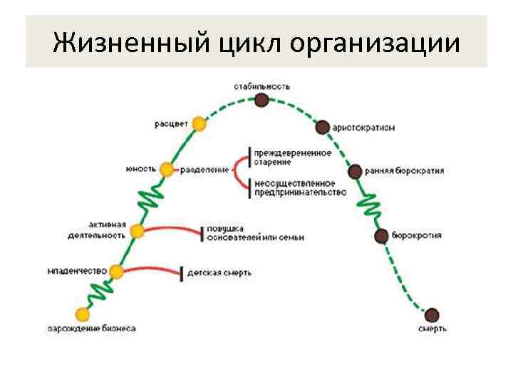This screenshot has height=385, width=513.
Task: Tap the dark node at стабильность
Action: [x=262, y=100]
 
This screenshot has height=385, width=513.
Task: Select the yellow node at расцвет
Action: [x=199, y=124]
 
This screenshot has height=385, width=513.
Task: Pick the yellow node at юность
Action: [x=167, y=170]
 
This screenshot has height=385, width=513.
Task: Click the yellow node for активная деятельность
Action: [x=138, y=232]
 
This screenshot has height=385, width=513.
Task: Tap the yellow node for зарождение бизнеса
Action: [x=83, y=314]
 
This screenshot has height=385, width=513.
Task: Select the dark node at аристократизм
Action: [x=323, y=127]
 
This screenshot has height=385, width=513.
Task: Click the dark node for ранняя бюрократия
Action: [x=355, y=171]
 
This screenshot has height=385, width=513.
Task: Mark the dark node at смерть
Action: [x=432, y=314]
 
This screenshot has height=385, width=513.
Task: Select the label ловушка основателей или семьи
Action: [x=255, y=232]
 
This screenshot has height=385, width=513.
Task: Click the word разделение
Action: [x=204, y=170]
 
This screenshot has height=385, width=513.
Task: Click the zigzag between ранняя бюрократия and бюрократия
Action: [x=370, y=205]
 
